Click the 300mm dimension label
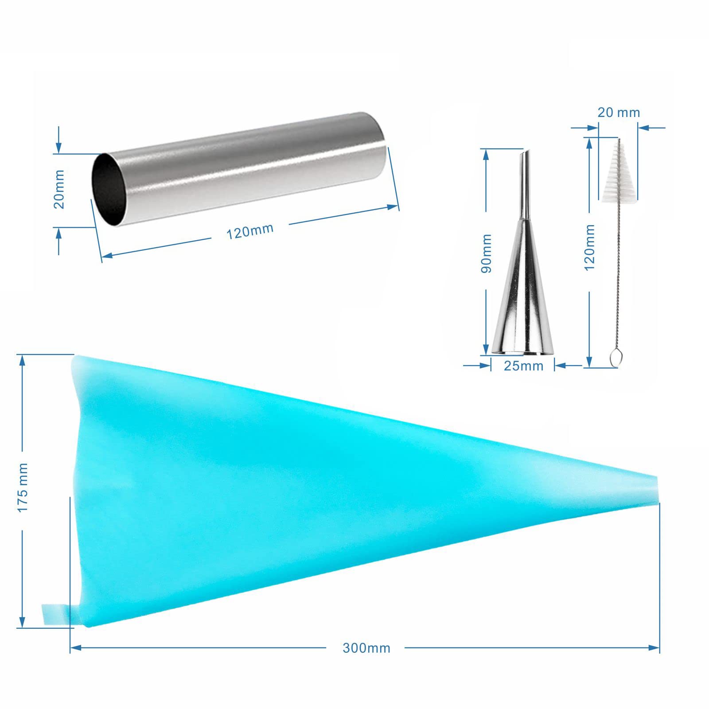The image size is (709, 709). [x=366, y=648]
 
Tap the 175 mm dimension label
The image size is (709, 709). [x=22, y=487]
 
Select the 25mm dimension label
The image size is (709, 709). [x=523, y=366]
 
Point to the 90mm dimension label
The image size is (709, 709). [x=486, y=253]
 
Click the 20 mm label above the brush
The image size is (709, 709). [x=619, y=113]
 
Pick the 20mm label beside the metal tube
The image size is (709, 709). [x=58, y=189]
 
